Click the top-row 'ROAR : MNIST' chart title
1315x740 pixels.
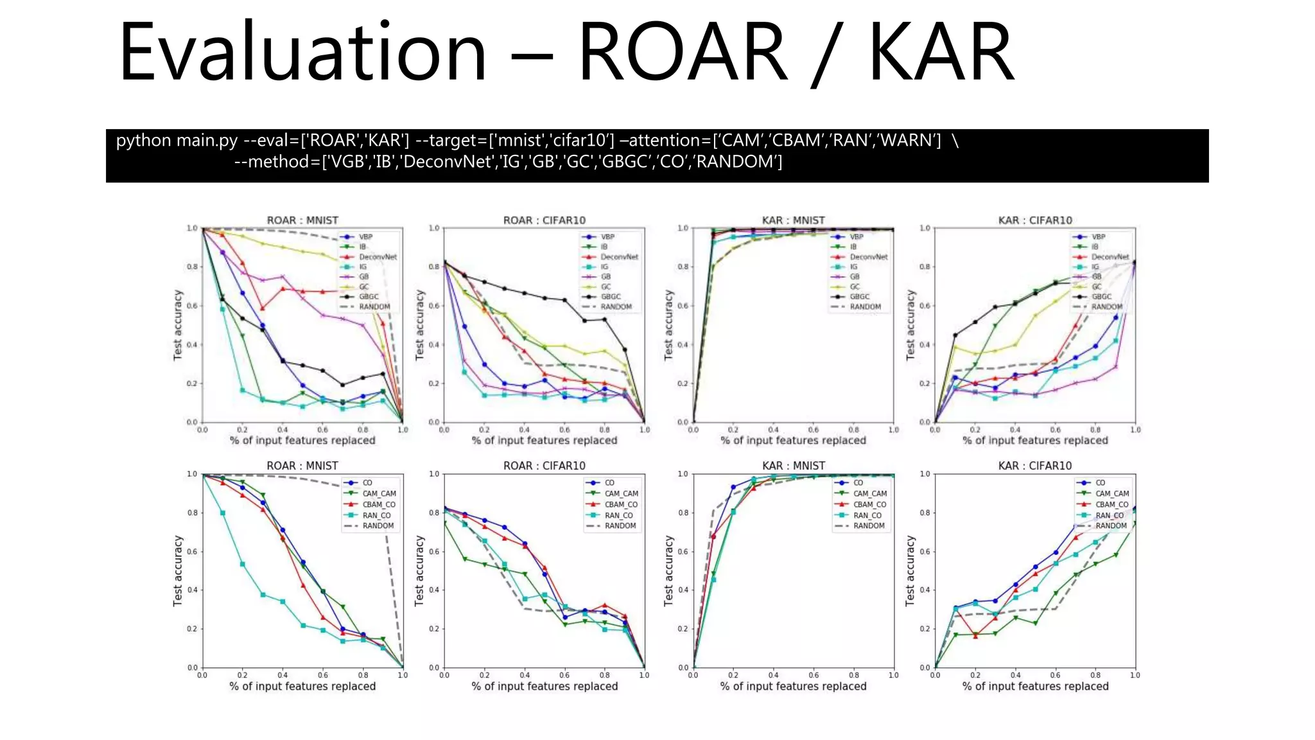[x=302, y=220]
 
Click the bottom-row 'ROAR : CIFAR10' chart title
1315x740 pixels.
[x=544, y=466]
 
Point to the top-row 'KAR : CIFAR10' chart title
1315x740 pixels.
[x=1035, y=220]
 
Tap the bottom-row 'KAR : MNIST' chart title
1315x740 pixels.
[x=794, y=466]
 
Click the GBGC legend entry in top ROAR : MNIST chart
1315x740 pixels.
[x=369, y=297]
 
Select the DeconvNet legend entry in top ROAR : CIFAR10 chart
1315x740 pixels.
[x=619, y=257]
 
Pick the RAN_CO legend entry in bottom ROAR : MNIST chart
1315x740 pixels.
[x=376, y=515]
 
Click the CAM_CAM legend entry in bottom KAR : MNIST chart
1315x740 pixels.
[x=869, y=493]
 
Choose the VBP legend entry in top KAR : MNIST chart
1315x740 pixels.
[x=857, y=237]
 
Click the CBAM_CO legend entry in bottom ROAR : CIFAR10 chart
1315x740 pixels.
[x=621, y=504]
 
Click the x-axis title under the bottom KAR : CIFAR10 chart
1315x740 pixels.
[x=1035, y=686]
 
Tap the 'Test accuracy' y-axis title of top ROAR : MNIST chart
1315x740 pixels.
[x=178, y=324]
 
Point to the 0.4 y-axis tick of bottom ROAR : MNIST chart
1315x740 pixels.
[x=192, y=590]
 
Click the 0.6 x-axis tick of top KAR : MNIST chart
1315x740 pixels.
[x=814, y=430]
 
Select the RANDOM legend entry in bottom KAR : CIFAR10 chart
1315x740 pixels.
[x=1111, y=525]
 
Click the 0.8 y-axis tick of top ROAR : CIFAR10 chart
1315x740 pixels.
[x=434, y=267]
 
